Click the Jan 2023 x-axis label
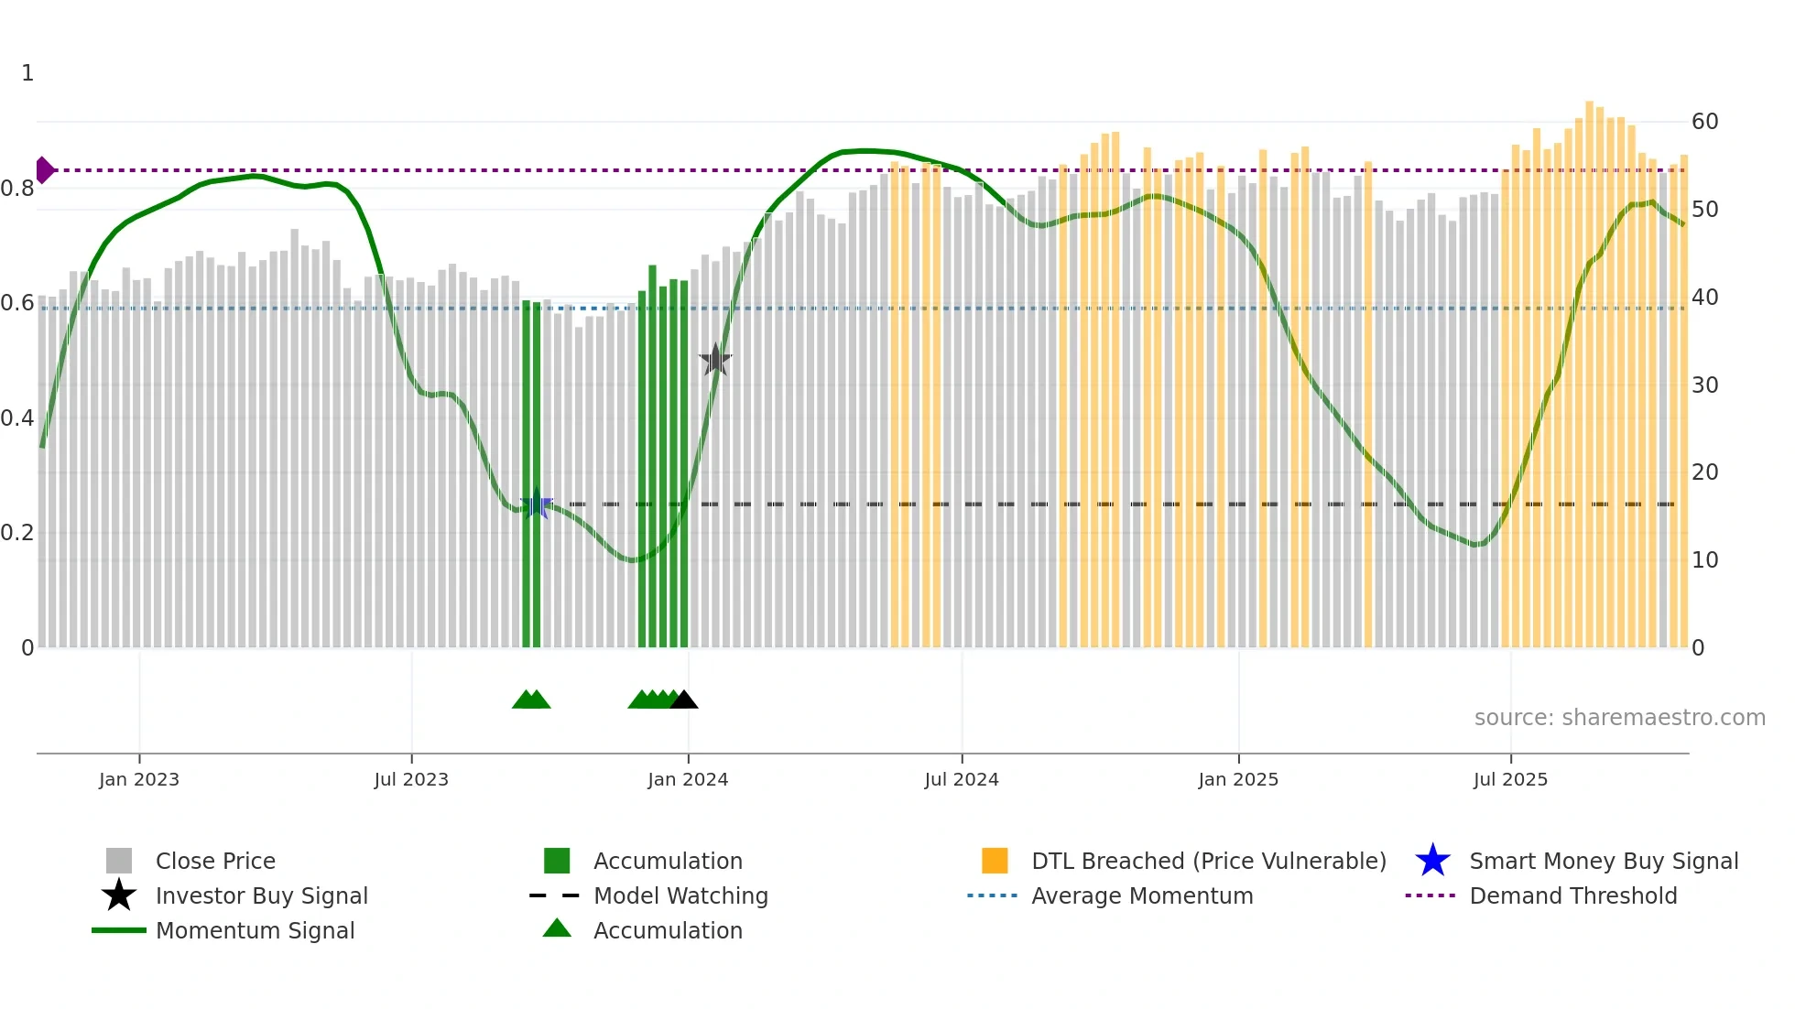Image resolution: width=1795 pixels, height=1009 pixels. tap(139, 780)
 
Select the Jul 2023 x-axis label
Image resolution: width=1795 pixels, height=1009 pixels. tap(411, 780)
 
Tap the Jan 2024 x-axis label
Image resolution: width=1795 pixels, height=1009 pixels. tap(688, 780)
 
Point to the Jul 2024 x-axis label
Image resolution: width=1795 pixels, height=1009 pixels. tap(962, 780)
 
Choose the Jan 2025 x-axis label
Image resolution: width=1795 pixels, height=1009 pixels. tap(1238, 780)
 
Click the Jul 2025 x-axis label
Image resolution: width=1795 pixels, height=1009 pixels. tap(1510, 780)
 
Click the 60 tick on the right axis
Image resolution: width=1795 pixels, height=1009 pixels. tap(1704, 122)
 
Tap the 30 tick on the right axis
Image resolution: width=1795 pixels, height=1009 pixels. tap(1704, 385)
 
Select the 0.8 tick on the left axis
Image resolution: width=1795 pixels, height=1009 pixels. tap(17, 189)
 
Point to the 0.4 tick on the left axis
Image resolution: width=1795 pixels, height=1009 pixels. tap(17, 418)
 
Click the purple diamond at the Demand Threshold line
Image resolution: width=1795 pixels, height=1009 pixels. tap(44, 170)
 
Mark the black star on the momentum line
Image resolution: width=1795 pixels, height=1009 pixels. tap(715, 360)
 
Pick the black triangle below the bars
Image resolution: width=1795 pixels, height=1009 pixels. tap(684, 700)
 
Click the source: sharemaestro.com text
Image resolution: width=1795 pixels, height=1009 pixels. tap(1619, 718)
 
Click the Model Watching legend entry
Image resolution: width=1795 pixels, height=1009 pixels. tap(680, 896)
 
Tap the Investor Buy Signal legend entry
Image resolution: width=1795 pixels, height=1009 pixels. tap(261, 896)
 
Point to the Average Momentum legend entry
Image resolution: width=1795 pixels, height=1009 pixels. tap(1141, 896)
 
